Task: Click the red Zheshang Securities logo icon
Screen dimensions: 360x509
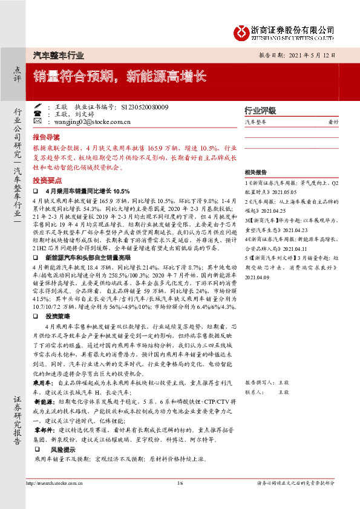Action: (243, 31)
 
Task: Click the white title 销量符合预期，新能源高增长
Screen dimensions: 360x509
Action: (120, 76)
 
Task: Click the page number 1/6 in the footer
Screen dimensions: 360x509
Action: (180, 483)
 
